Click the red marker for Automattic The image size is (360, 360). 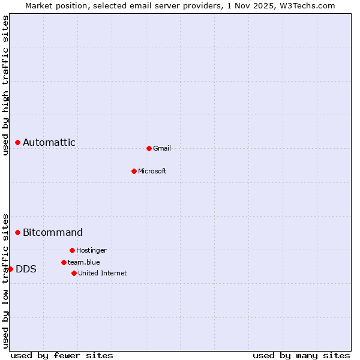point(17,142)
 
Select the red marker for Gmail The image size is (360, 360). point(149,148)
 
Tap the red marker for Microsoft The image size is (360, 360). point(134,171)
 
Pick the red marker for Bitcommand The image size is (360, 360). point(17,232)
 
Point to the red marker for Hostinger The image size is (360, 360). point(72,250)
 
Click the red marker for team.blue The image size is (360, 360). point(64,262)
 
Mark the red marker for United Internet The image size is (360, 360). point(74,273)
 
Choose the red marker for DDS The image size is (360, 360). point(10,269)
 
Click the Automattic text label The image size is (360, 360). point(49,142)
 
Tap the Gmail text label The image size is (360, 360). point(162,148)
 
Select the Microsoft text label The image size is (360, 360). point(152,171)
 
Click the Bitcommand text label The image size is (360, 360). point(53,232)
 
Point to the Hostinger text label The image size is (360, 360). point(91,250)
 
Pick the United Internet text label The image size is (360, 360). point(103,273)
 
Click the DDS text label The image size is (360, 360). point(26,269)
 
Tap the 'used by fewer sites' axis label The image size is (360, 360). point(62,355)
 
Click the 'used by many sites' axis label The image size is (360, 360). point(301,355)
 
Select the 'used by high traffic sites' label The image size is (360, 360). point(5,85)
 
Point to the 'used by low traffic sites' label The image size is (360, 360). point(5,280)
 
